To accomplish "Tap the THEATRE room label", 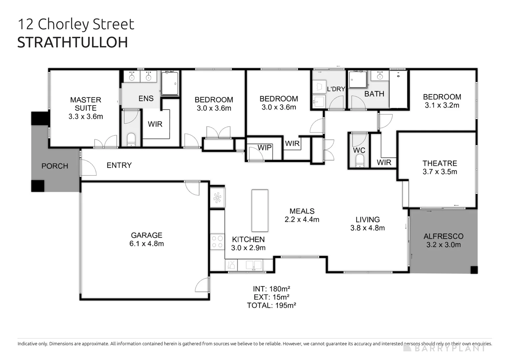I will click(x=440, y=163).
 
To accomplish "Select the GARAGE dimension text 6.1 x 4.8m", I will click(x=147, y=244).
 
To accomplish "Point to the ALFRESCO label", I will click(x=443, y=236).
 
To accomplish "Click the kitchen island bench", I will click(x=260, y=211).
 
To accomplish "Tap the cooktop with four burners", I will click(x=218, y=242).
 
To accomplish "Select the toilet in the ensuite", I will click(x=131, y=139).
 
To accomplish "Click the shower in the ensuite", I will click(x=170, y=83).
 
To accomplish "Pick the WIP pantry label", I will click(x=264, y=148).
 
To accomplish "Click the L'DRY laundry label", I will click(x=336, y=89).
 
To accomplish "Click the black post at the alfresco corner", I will click(x=474, y=270).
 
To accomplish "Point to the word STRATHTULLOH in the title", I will click(x=73, y=42).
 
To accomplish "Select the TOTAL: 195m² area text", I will click(x=271, y=305).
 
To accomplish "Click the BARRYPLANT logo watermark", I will click(x=445, y=348).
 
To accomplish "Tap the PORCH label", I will click(x=55, y=166).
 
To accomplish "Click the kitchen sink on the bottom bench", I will click(x=254, y=265).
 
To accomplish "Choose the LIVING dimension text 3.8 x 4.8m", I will click(x=367, y=228).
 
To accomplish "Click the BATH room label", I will click(x=374, y=94).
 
